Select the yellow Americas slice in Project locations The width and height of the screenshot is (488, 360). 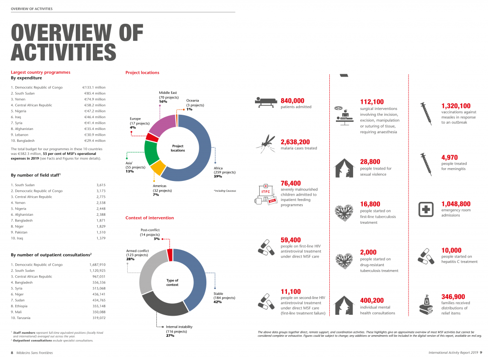(x=158, y=168)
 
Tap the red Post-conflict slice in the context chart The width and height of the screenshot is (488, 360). (x=170, y=255)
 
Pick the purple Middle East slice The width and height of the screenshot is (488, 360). (x=161, y=124)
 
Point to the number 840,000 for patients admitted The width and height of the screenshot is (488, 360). (x=292, y=100)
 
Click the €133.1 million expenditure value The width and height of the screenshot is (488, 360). (x=94, y=88)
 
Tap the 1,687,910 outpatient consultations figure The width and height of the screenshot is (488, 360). (x=97, y=264)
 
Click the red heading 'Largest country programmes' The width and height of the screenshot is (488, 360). (x=41, y=72)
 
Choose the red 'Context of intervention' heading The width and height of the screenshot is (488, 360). (x=150, y=218)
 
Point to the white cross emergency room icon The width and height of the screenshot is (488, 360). (x=425, y=209)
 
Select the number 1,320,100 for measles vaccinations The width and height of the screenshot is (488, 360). (x=456, y=106)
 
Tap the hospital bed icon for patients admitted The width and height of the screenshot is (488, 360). (x=266, y=101)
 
